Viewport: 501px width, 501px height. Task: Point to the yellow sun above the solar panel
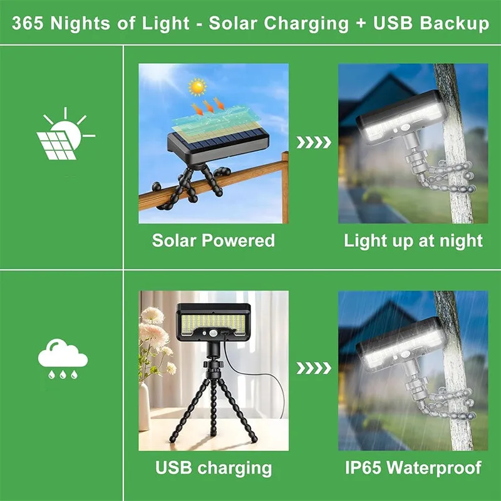(x=198, y=86)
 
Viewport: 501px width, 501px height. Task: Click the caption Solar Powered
(x=213, y=240)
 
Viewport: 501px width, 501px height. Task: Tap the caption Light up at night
(x=413, y=240)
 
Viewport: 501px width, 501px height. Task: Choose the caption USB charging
(x=214, y=467)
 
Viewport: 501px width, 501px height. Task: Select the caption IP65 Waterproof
(x=413, y=467)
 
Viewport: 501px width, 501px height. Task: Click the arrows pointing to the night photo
(x=313, y=143)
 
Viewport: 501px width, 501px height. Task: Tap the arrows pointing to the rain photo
(x=313, y=368)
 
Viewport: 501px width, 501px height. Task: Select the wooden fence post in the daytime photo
(x=285, y=188)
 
